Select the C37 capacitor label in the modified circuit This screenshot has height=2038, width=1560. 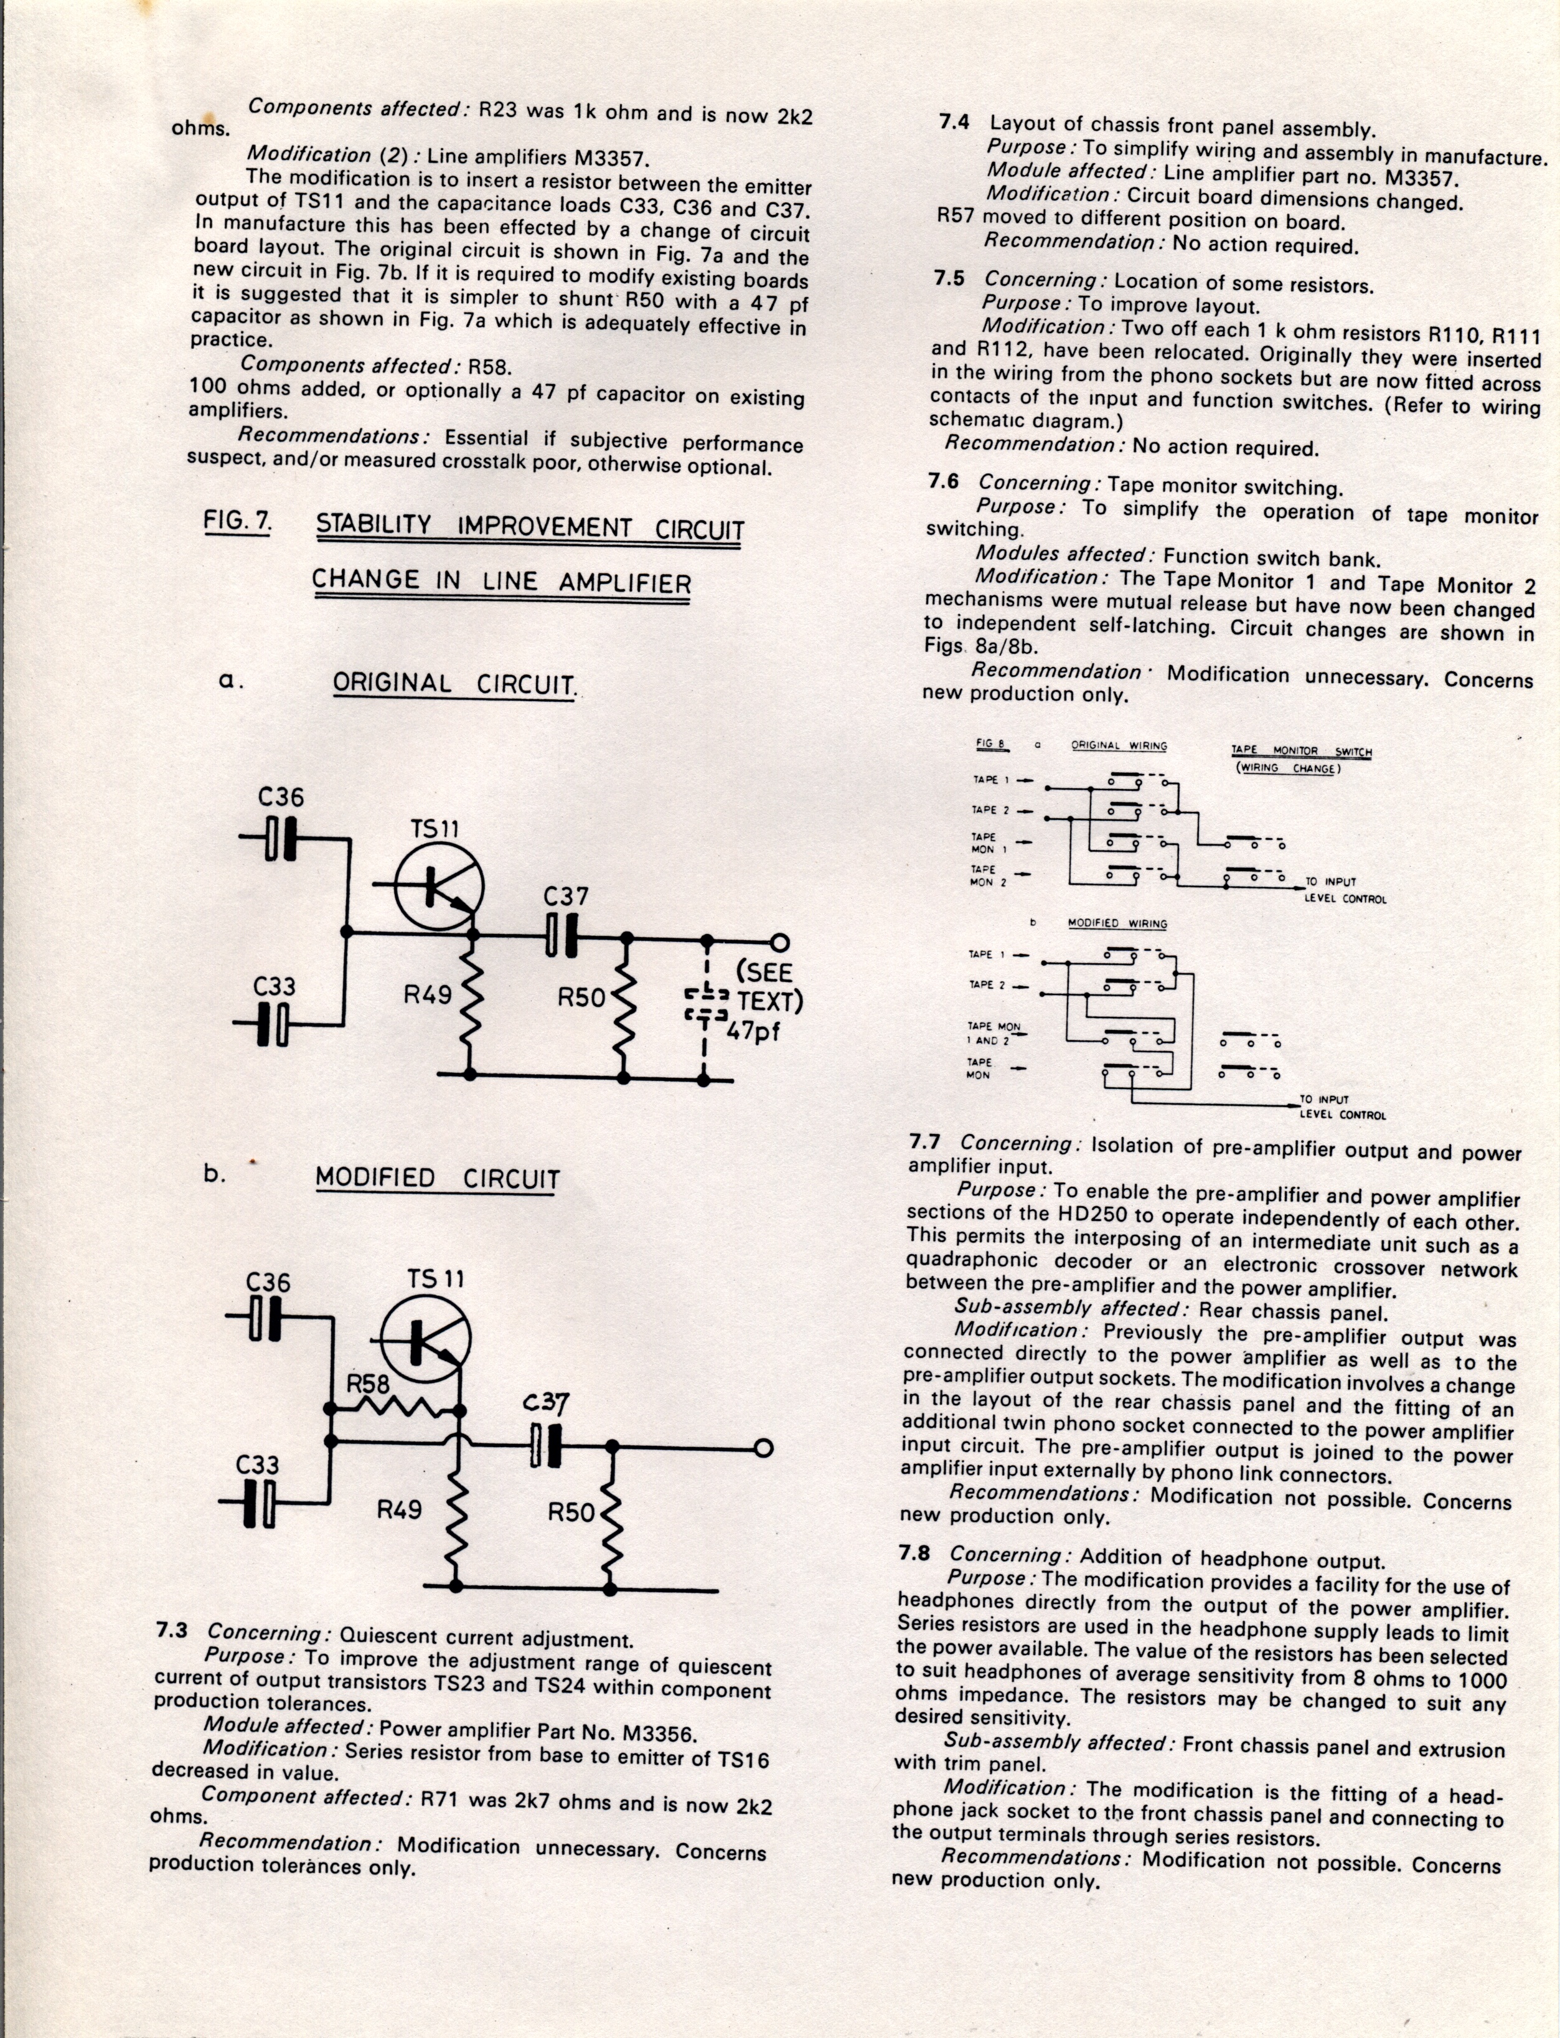click(x=546, y=1403)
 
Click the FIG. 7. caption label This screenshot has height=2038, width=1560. click(x=238, y=521)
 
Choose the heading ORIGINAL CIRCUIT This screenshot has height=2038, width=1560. click(x=454, y=684)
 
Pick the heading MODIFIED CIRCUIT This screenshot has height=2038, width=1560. click(x=438, y=1179)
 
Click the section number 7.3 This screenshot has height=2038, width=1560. click(x=172, y=1632)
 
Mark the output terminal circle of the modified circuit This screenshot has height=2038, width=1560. click(x=763, y=1449)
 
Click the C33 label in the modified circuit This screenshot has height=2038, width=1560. click(x=257, y=1465)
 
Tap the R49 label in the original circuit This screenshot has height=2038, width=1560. click(x=427, y=996)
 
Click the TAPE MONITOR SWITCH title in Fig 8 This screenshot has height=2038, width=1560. click(x=1301, y=752)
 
